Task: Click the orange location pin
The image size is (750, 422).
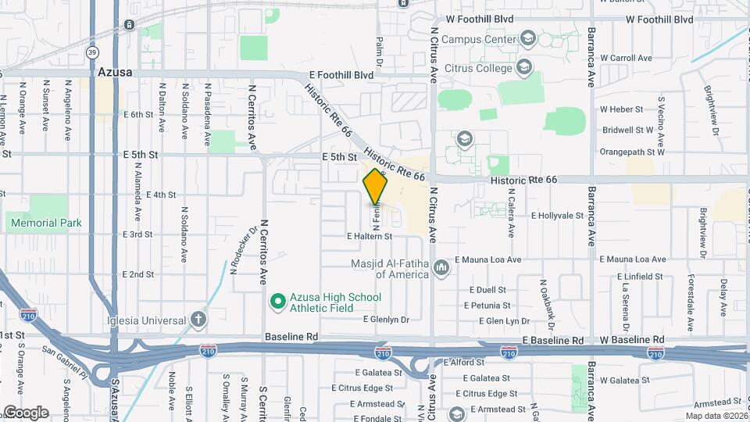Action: click(376, 187)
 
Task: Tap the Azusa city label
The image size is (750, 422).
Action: click(115, 72)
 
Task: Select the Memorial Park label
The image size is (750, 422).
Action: click(46, 223)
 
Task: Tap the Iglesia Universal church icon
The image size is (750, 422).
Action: click(198, 319)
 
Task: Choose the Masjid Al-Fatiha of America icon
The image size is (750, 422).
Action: click(441, 268)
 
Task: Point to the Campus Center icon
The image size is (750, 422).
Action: click(528, 38)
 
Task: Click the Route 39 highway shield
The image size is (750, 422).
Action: click(92, 52)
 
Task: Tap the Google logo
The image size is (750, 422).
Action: click(25, 413)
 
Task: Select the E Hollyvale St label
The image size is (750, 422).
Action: click(557, 215)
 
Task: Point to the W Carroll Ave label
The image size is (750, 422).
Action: click(626, 58)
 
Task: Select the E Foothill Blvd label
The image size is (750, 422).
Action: click(341, 76)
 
